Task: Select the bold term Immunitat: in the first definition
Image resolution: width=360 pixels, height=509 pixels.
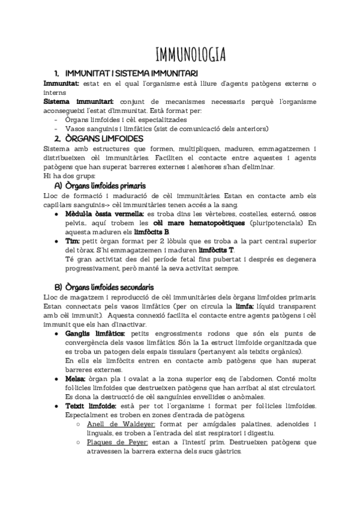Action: coord(62,83)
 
